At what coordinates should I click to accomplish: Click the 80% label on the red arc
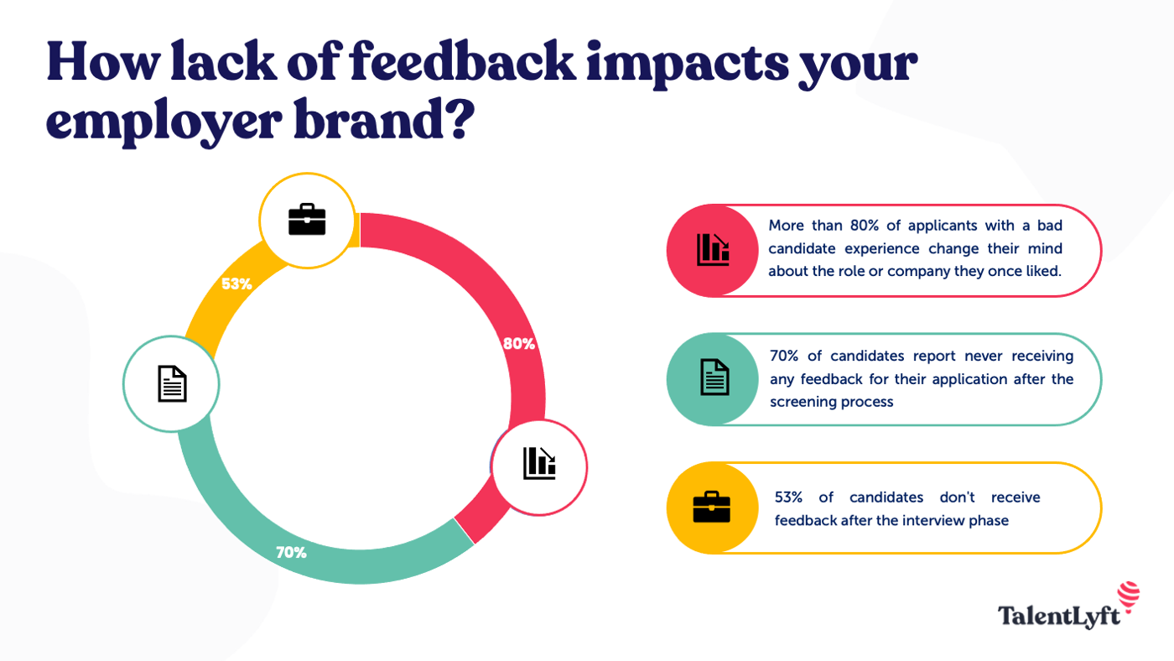pyautogui.click(x=518, y=343)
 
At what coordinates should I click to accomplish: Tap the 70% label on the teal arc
pyautogui.click(x=291, y=553)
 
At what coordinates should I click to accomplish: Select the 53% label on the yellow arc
pyautogui.click(x=236, y=284)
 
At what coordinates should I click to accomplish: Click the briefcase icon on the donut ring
pyautogui.click(x=307, y=220)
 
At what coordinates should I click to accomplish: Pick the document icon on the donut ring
pyautogui.click(x=172, y=384)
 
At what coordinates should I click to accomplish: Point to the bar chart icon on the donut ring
pyautogui.click(x=539, y=464)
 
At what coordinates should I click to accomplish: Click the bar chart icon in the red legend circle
pyautogui.click(x=713, y=250)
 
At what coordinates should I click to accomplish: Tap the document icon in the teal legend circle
pyautogui.click(x=714, y=377)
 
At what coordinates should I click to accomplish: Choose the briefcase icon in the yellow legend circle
pyautogui.click(x=711, y=507)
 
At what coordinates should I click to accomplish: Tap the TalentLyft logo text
pyautogui.click(x=1058, y=616)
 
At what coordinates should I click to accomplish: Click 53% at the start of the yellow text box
pyautogui.click(x=790, y=497)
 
